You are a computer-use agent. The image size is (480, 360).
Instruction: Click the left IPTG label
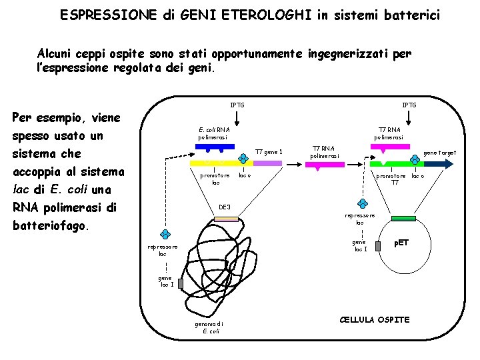click(x=237, y=105)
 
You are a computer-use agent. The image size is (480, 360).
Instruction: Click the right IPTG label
click(x=409, y=105)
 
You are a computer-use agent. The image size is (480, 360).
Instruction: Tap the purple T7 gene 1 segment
click(x=268, y=163)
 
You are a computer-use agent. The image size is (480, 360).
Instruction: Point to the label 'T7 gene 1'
click(x=269, y=152)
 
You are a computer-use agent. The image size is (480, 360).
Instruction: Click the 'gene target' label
click(x=441, y=153)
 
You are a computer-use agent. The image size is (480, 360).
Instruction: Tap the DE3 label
click(x=225, y=207)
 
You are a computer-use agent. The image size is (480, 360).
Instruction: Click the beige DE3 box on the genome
click(x=227, y=219)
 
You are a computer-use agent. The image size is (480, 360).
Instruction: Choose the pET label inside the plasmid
click(x=401, y=243)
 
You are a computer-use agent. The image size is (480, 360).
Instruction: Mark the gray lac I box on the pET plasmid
click(x=378, y=246)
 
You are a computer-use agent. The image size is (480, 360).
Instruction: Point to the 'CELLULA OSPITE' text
click(x=375, y=320)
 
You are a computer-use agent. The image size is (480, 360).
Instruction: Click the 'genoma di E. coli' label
click(x=209, y=327)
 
